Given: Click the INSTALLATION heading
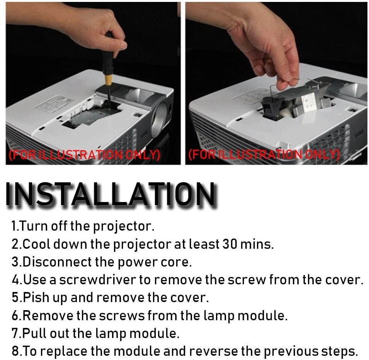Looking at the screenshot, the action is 110,195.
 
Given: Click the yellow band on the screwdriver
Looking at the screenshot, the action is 109,80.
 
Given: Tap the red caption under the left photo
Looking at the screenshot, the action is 84,155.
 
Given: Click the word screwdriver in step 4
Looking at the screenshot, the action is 97,280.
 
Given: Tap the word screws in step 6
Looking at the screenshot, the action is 122,316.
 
